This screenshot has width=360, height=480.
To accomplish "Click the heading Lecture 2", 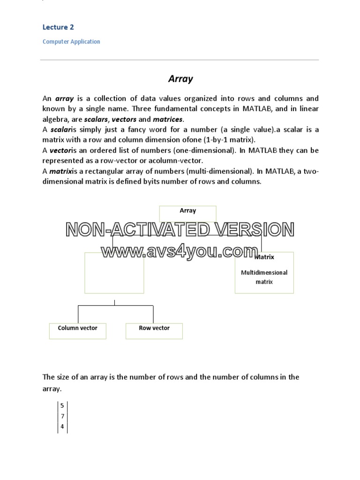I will click(x=58, y=27).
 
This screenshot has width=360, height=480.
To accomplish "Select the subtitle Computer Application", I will click(x=71, y=42).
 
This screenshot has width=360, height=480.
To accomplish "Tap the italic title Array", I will click(x=180, y=79).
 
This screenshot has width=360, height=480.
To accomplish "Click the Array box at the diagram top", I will click(x=188, y=213).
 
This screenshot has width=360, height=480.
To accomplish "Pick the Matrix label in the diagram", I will click(x=265, y=257).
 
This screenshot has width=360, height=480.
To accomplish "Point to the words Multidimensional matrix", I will click(x=264, y=277).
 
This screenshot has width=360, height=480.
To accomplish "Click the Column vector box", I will click(x=78, y=330).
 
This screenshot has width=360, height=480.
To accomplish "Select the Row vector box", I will click(x=154, y=330).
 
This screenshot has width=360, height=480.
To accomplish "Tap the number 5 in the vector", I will click(x=62, y=405).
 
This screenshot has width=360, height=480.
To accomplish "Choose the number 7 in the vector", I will click(x=62, y=416).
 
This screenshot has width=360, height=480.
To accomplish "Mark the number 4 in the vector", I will click(x=62, y=427).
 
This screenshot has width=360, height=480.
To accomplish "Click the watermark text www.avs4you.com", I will click(x=180, y=252).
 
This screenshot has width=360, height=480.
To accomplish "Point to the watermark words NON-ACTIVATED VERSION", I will click(x=180, y=230).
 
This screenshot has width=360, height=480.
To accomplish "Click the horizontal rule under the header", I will click(x=180, y=60).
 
